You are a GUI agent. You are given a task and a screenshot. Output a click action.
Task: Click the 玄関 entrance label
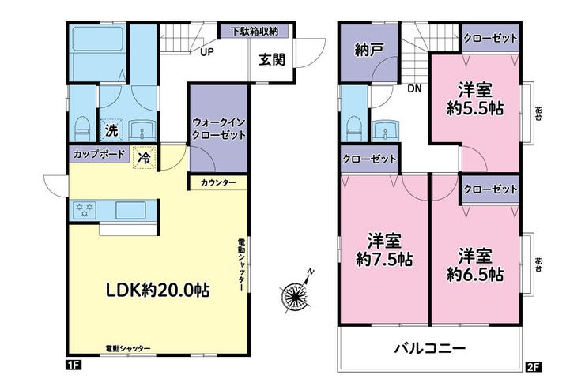[273, 59]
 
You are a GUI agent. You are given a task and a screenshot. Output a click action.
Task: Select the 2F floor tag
[533, 367]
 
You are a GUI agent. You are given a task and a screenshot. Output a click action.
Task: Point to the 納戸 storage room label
[368, 50]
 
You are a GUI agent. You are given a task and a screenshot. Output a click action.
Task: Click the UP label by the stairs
[207, 52]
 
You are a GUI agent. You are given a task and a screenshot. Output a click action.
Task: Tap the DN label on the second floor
[414, 88]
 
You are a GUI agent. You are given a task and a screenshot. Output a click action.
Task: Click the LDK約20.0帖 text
[157, 290]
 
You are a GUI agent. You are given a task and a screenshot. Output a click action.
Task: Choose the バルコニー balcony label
[430, 349]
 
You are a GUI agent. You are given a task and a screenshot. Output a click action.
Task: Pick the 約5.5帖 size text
[475, 108]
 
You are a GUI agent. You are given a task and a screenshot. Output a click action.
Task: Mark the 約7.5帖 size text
[384, 259]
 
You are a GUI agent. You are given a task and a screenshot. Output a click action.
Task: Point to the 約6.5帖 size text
[475, 275]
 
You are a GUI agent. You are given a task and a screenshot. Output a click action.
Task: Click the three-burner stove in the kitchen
[85, 210]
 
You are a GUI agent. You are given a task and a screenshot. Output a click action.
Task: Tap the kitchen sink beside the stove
[130, 211]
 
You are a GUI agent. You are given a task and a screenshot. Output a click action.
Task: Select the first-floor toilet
[83, 129]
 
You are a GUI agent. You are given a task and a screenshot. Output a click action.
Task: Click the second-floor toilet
[354, 129]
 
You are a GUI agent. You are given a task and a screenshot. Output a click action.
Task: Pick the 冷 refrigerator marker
[145, 158]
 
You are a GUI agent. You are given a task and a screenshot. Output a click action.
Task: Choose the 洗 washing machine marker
[111, 130]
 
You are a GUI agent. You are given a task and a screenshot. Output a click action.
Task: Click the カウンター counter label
[218, 183]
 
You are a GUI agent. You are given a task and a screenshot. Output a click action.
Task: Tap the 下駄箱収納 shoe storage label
[254, 32]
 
